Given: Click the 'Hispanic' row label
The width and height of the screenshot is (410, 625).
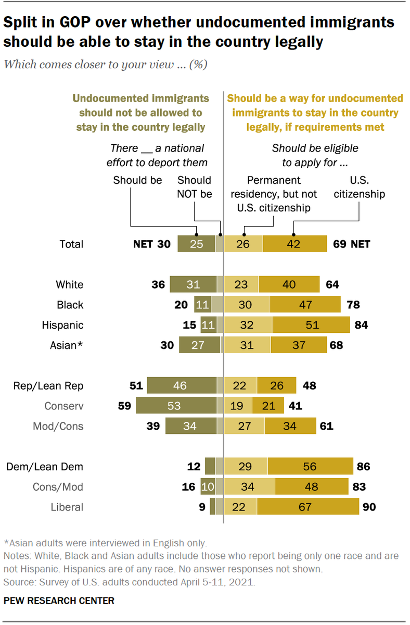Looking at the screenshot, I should pyautogui.click(x=62, y=325).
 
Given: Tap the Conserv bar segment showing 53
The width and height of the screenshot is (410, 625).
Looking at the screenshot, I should pyautogui.click(x=176, y=406).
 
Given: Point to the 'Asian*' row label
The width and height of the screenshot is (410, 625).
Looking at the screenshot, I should pyautogui.click(x=66, y=345).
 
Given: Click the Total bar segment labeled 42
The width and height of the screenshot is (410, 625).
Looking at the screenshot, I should pyautogui.click(x=294, y=244).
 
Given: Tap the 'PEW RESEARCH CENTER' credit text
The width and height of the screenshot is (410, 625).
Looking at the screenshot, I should pyautogui.click(x=59, y=601).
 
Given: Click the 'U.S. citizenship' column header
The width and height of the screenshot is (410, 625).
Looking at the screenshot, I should pyautogui.click(x=359, y=187).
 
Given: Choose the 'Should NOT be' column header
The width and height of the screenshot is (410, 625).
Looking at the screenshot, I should pyautogui.click(x=194, y=187).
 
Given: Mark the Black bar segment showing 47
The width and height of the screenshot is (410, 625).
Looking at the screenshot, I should pyautogui.click(x=305, y=305).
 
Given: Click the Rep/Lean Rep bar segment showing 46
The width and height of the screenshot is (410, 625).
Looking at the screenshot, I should pyautogui.click(x=182, y=386).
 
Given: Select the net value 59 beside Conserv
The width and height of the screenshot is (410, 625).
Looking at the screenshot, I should pyautogui.click(x=125, y=406).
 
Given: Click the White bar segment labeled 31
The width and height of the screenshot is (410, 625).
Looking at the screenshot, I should pyautogui.click(x=193, y=284).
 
